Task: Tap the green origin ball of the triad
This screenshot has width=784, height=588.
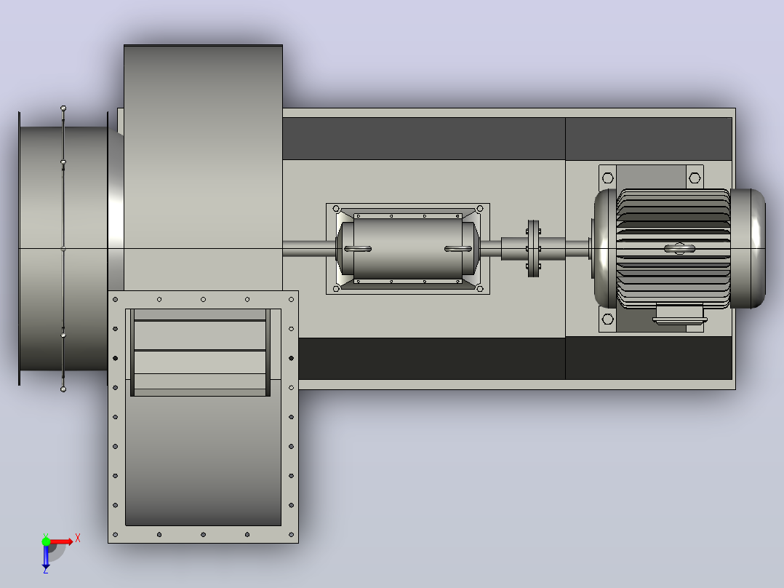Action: [x=46, y=541]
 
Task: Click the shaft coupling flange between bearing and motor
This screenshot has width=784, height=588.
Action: [x=534, y=248]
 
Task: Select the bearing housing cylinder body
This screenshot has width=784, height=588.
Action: [x=407, y=248]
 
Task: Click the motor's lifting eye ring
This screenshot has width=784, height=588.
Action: [x=679, y=248]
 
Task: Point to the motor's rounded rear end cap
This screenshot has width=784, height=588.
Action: [x=748, y=248]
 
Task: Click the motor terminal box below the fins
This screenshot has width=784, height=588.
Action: [x=680, y=314]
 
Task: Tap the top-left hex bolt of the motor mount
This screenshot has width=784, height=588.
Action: [x=607, y=178]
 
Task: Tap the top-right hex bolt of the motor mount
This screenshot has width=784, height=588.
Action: [x=695, y=178]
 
